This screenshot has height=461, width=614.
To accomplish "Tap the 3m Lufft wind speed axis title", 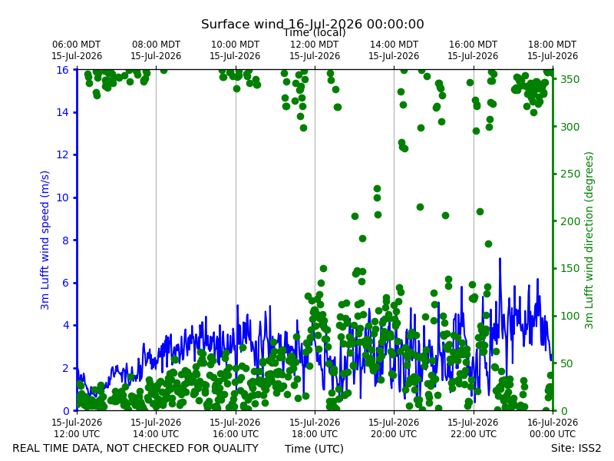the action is pyautogui.click(x=45, y=240).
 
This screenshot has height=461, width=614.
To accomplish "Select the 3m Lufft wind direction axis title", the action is pyautogui.click(x=589, y=240).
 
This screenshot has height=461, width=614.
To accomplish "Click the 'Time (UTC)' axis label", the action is pyautogui.click(x=314, y=449).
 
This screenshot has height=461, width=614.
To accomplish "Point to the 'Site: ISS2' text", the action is pyautogui.click(x=576, y=448).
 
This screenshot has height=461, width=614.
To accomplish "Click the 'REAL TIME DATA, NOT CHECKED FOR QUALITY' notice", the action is pyautogui.click(x=136, y=448).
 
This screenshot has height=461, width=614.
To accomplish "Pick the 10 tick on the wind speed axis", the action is pyautogui.click(x=63, y=197).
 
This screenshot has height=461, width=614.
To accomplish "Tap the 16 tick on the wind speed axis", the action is pyautogui.click(x=63, y=70).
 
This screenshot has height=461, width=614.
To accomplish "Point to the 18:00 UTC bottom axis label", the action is pyautogui.click(x=315, y=428).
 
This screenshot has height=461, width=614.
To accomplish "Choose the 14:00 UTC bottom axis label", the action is pyautogui.click(x=156, y=428).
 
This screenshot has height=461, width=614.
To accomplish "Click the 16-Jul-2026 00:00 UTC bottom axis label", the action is pyautogui.click(x=553, y=428).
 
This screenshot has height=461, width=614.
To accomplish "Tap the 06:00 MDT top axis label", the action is pyautogui.click(x=77, y=50).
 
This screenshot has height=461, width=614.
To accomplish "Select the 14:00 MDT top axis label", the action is pyautogui.click(x=394, y=50).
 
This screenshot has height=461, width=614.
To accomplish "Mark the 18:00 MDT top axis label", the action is pyautogui.click(x=553, y=50).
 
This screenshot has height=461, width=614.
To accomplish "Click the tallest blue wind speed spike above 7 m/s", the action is pyautogui.click(x=500, y=259).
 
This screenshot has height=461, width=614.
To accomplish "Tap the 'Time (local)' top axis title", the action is pyautogui.click(x=315, y=33).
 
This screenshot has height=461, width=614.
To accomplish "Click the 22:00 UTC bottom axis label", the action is pyautogui.click(x=473, y=428).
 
